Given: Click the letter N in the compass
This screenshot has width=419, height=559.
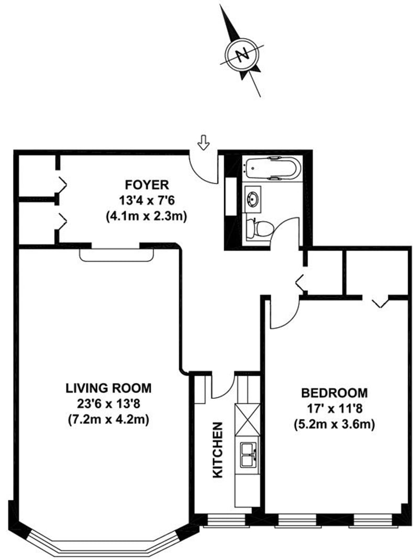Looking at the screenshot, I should [x=242, y=55].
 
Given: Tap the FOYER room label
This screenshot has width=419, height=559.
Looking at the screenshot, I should [x=147, y=185].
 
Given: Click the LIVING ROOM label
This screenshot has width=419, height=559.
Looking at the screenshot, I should [x=108, y=388].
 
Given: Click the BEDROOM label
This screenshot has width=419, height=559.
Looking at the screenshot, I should [x=334, y=393].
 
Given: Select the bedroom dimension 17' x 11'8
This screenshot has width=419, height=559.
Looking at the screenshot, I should [x=334, y=408].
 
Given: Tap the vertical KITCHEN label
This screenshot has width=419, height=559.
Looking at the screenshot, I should [x=218, y=450].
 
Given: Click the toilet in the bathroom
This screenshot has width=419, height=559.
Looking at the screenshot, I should [x=259, y=228].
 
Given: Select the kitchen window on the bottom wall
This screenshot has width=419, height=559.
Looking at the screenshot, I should [x=224, y=520].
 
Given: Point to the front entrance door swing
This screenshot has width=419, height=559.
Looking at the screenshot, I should [x=202, y=167].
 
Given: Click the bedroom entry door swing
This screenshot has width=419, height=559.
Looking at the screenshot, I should [x=283, y=314].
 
